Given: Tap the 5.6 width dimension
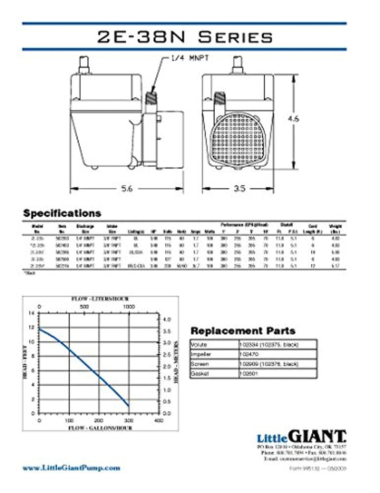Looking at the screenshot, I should [127, 189].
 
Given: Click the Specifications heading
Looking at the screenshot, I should [62, 213].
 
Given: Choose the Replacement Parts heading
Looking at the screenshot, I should [243, 331].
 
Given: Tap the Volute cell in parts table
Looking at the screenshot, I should [198, 345].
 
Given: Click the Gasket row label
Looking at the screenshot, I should [199, 373].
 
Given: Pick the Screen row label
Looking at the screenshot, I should [199, 363].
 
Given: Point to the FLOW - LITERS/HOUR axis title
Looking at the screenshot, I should [99, 299].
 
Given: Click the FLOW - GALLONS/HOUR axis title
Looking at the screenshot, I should [99, 427].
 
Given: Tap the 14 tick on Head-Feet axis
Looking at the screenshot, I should [32, 313].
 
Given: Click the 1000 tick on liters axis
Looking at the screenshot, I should [129, 306].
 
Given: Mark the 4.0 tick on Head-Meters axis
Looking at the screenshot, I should [167, 319].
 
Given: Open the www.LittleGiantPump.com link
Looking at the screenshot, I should [72, 467].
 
